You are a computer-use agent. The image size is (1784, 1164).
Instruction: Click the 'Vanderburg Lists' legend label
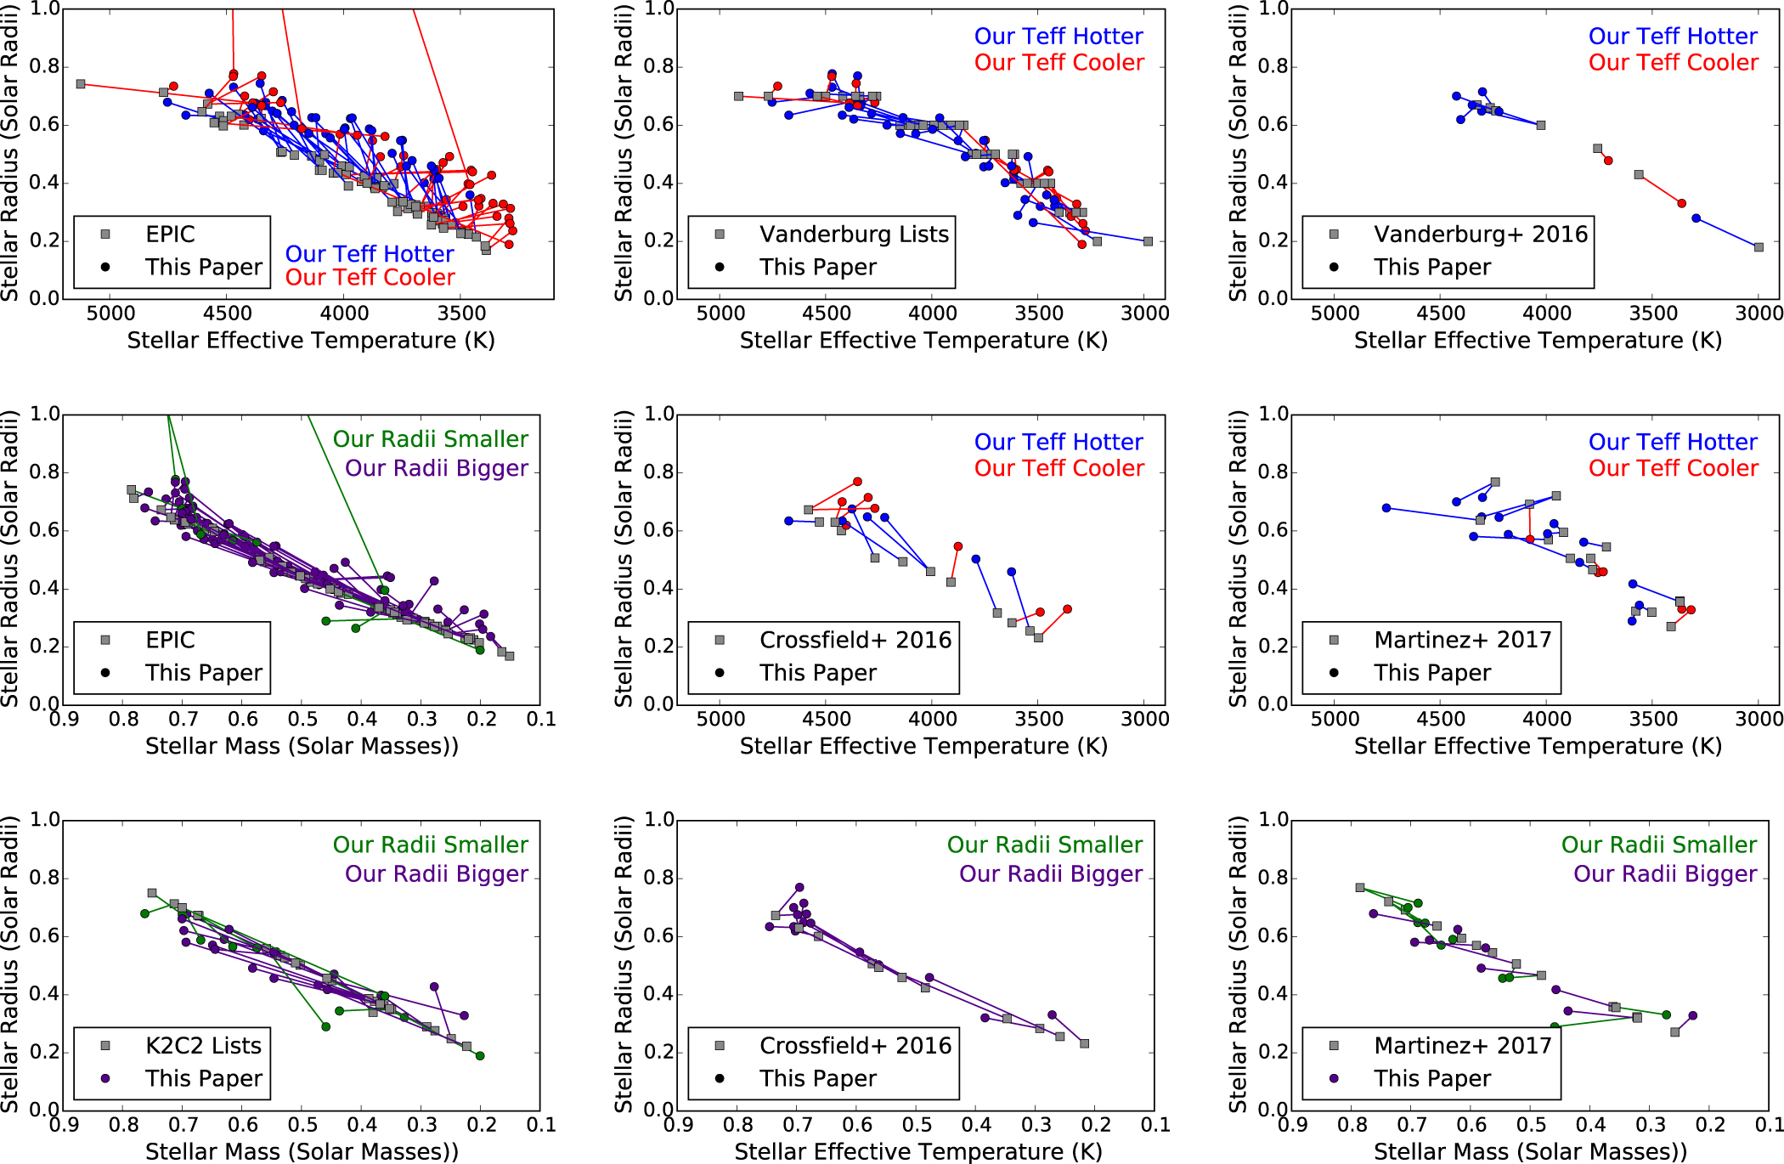(x=853, y=234)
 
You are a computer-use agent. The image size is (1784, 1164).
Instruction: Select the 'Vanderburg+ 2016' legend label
(x=1480, y=234)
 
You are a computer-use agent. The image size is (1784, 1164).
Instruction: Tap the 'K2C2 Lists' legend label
(x=203, y=1046)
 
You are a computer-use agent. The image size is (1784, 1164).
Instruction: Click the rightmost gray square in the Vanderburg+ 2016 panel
(x=1758, y=247)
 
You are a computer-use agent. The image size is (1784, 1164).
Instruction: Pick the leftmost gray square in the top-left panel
(x=81, y=84)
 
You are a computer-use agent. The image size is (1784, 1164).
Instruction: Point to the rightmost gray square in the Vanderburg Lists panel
(x=1148, y=241)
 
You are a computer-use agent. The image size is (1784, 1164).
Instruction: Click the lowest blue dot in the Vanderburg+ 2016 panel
(x=1696, y=218)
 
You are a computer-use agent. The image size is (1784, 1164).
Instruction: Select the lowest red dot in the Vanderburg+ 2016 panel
(x=1681, y=203)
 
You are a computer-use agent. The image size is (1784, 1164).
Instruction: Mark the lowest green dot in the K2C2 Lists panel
(x=480, y=1056)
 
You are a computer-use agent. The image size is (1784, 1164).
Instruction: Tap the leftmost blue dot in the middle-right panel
(x=1386, y=508)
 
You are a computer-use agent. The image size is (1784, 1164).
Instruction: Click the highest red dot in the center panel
(x=857, y=482)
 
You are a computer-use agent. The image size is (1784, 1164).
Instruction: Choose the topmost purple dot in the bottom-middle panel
(x=799, y=887)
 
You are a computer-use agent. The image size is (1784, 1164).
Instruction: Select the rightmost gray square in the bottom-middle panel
(x=1084, y=1043)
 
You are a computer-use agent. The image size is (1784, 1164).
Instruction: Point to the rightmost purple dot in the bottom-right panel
(x=1692, y=1015)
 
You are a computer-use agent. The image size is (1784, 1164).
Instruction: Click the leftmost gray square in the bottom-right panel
(x=1360, y=888)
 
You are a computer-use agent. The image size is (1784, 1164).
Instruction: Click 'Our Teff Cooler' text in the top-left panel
(x=370, y=278)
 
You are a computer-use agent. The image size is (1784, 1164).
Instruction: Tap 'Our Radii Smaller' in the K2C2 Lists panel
(x=430, y=845)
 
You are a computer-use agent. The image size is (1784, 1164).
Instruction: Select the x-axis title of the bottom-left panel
(x=302, y=1151)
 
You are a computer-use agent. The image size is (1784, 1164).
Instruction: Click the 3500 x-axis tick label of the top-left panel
(x=461, y=314)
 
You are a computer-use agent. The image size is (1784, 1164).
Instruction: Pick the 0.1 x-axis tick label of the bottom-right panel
(x=1769, y=1125)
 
